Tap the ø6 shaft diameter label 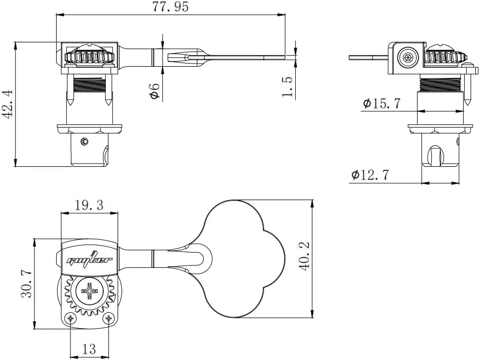pyautogui.click(x=155, y=92)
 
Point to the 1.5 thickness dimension pyautogui.click(x=287, y=86)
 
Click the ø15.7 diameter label pyautogui.click(x=382, y=103)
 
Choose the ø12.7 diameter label pyautogui.click(x=370, y=175)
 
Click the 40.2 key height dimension pyautogui.click(x=304, y=257)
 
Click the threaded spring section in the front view pyautogui.click(x=89, y=83)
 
